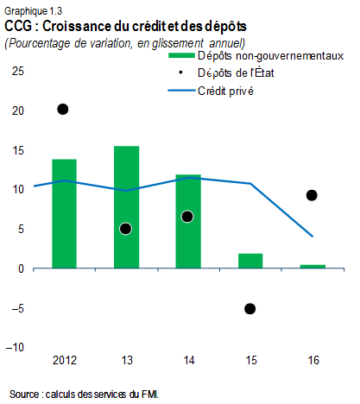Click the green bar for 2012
tap(64, 213)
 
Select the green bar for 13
tap(126, 207)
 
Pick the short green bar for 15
tap(250, 261)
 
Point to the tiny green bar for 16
tap(312, 266)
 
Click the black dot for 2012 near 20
tap(63, 109)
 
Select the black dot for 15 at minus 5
tap(250, 308)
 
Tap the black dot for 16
tap(312, 195)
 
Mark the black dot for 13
tap(125, 229)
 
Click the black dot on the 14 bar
tap(187, 216)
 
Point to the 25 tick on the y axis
tap(17, 72)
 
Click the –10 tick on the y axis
tap(15, 347)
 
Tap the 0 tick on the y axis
tap(21, 268)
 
